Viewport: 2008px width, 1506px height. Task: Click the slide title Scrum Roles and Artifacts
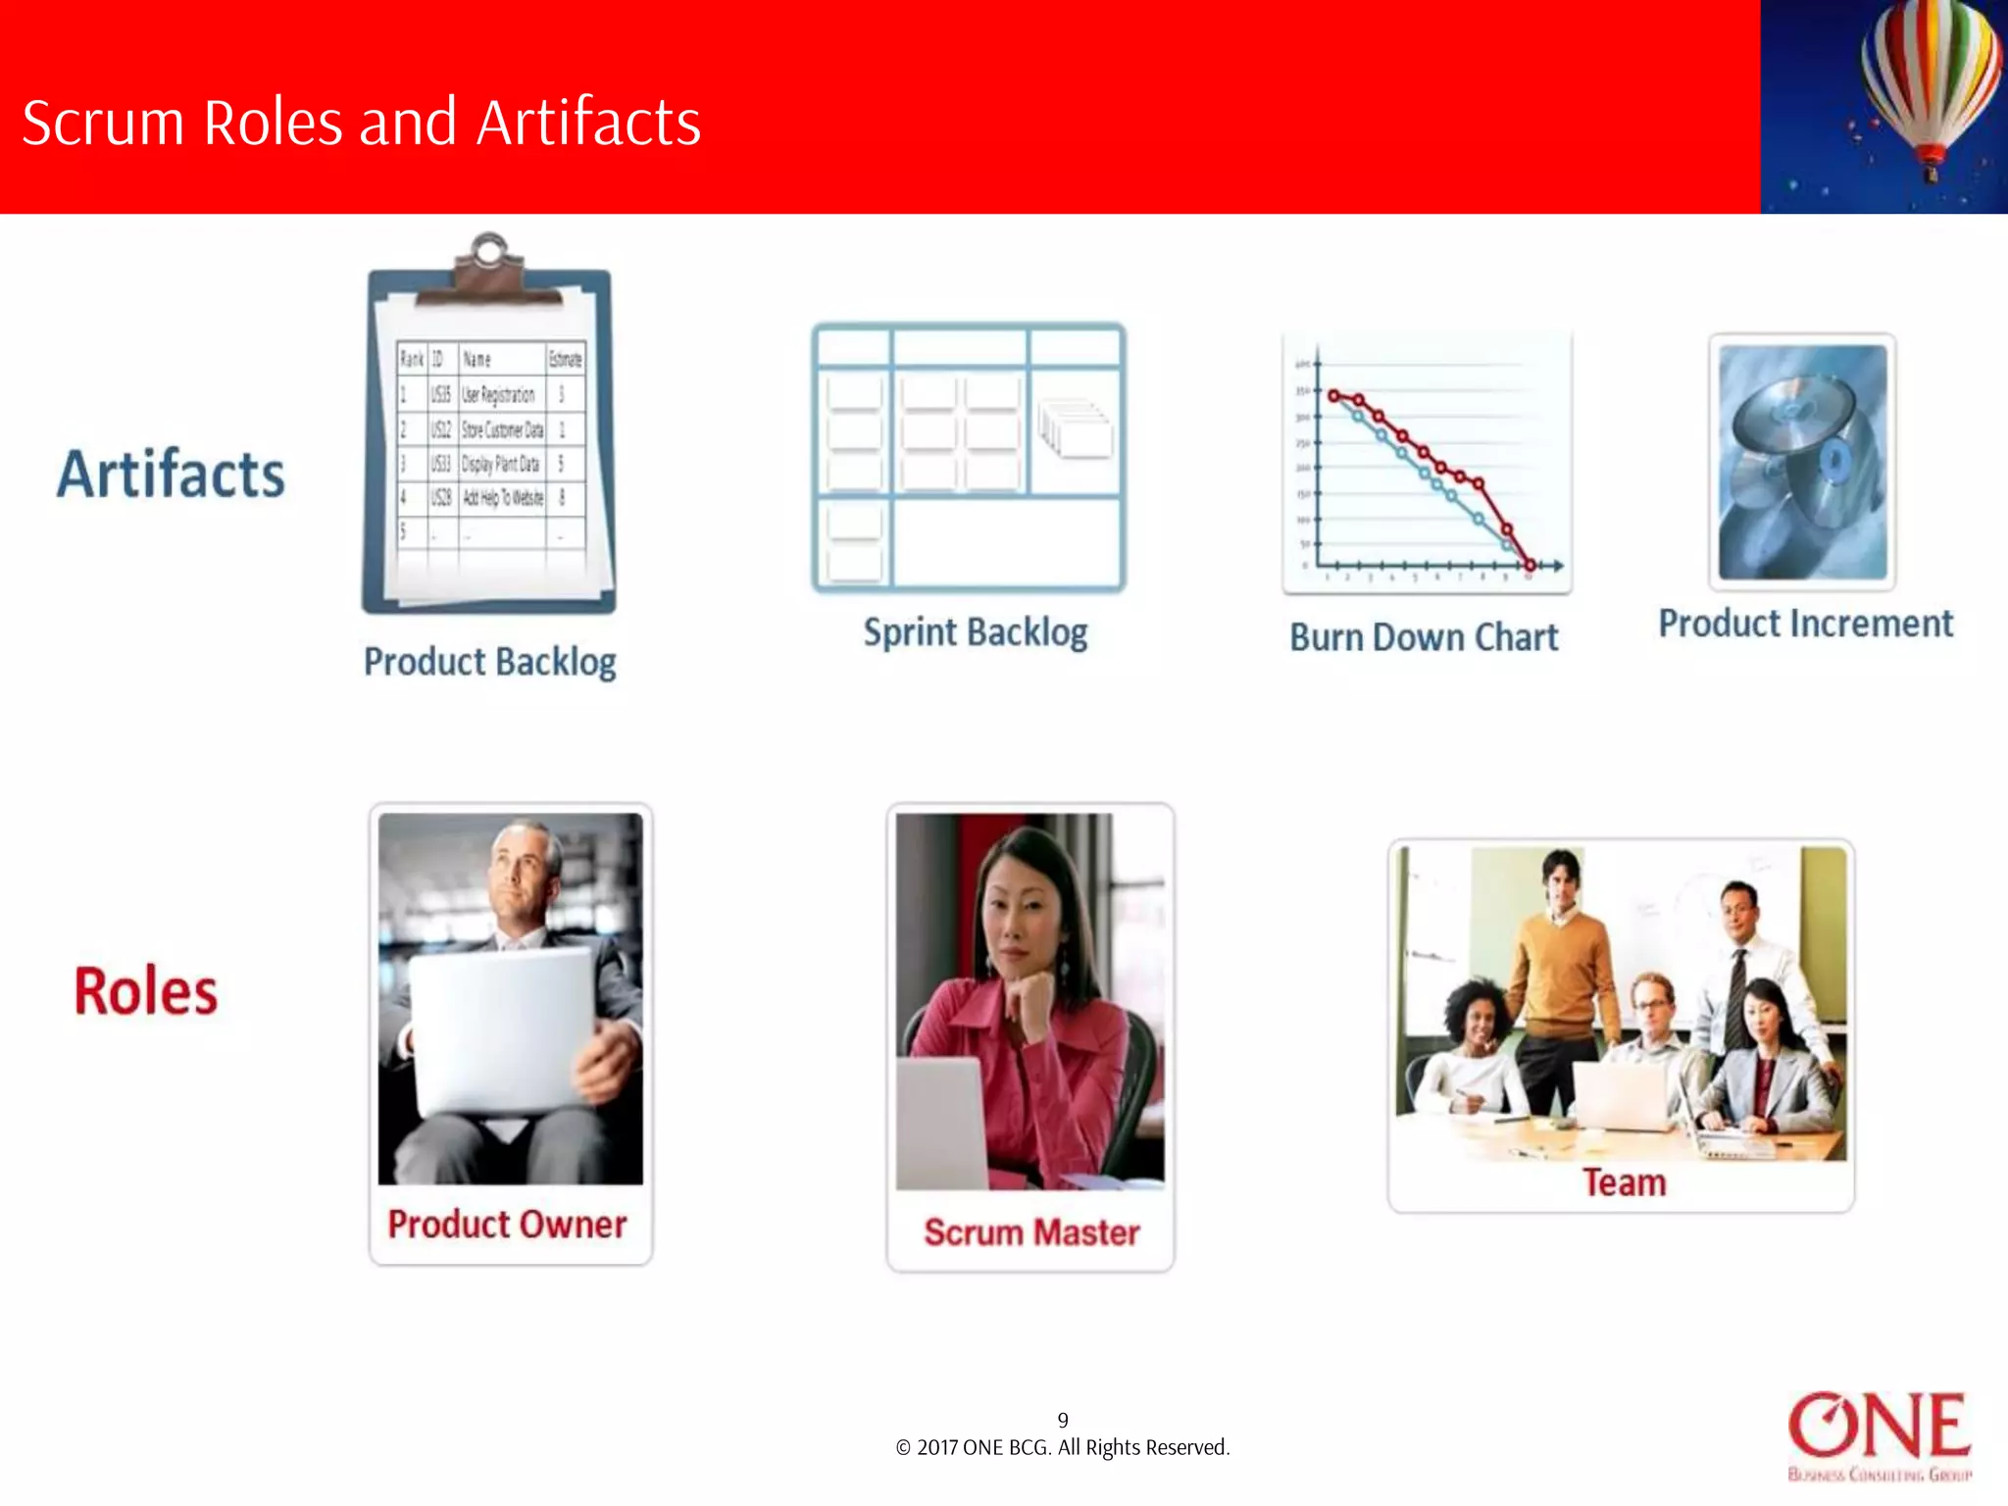pyautogui.click(x=361, y=123)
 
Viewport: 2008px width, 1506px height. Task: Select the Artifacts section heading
pyautogui.click(x=171, y=475)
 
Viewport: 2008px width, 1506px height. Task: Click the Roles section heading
pyautogui.click(x=146, y=991)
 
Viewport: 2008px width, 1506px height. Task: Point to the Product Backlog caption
pyautogui.click(x=490, y=663)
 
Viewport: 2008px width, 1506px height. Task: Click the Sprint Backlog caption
pyautogui.click(x=976, y=633)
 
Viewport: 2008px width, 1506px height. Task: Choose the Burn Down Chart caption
pyautogui.click(x=1424, y=638)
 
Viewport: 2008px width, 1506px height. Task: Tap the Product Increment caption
pyautogui.click(x=1806, y=624)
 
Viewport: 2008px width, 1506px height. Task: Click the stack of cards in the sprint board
pyautogui.click(x=1076, y=428)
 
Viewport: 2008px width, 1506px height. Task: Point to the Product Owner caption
pyautogui.click(x=507, y=1225)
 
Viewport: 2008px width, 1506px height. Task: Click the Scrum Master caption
pyautogui.click(x=1031, y=1232)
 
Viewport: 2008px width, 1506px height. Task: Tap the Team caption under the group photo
pyautogui.click(x=1624, y=1182)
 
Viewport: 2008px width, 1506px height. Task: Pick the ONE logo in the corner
pyautogui.click(x=1879, y=1433)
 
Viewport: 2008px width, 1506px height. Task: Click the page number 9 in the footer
pyautogui.click(x=1063, y=1420)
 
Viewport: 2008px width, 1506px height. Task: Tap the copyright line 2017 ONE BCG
pyautogui.click(x=1063, y=1448)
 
